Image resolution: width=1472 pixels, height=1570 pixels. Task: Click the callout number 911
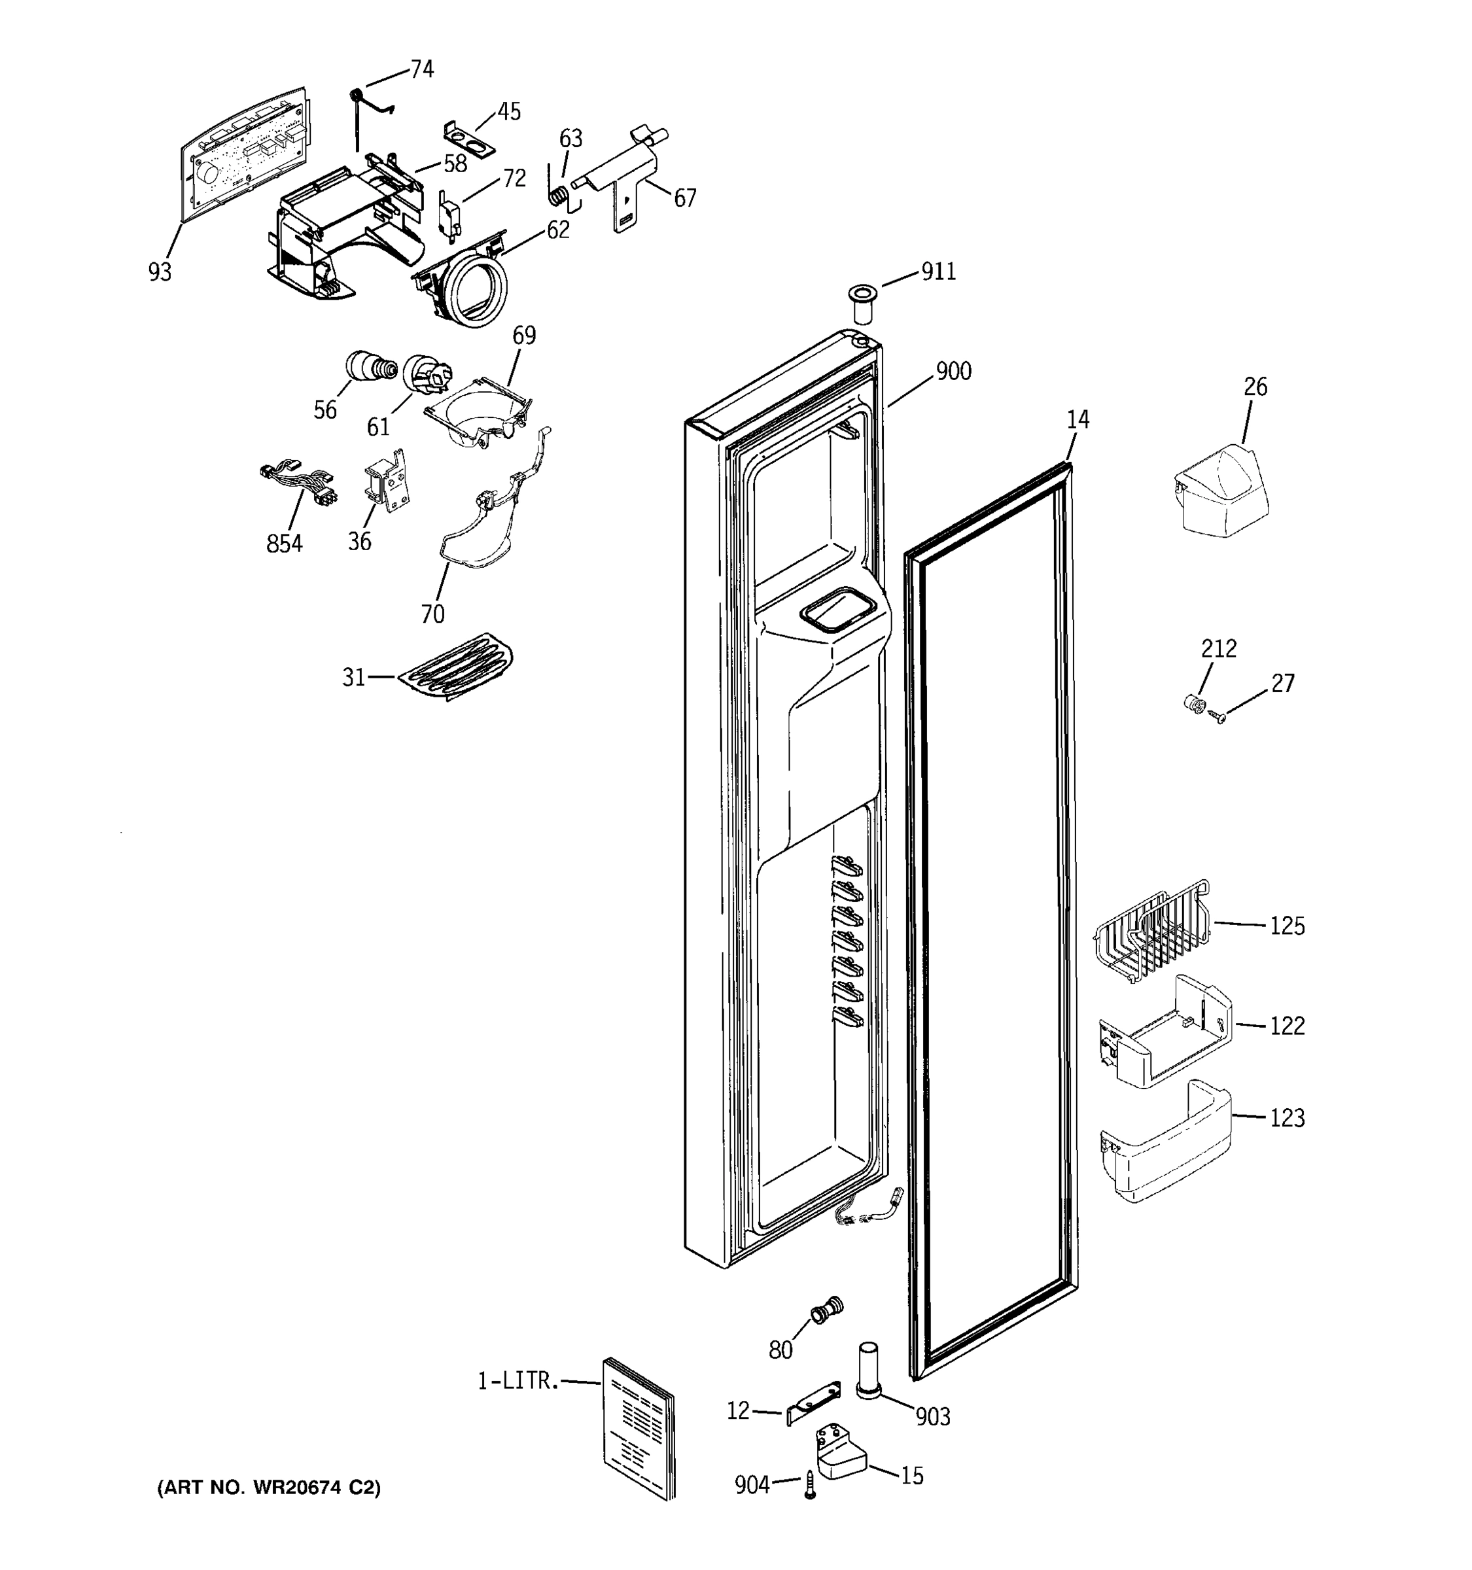coord(938,271)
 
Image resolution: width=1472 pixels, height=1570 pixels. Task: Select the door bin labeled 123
coord(1165,1142)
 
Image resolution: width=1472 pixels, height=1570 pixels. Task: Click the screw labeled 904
coord(809,1485)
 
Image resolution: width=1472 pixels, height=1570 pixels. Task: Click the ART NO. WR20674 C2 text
coord(268,1488)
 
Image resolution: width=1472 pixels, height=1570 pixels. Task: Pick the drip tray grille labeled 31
coord(455,667)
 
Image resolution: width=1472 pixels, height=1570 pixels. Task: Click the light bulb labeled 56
coord(370,366)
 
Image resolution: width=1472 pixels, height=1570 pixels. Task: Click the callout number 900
coord(953,371)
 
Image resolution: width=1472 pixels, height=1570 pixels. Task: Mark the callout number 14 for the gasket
coord(1077,419)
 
